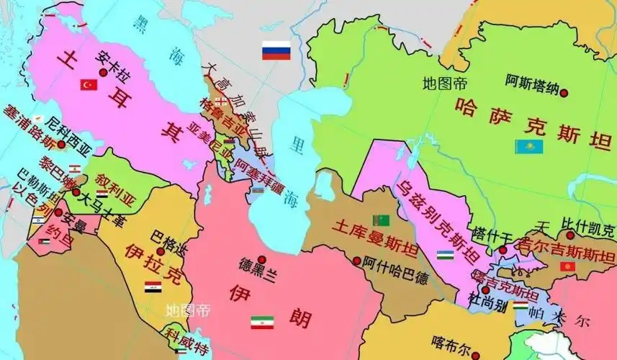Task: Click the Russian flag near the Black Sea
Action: pos(276,50)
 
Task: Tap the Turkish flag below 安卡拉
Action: pos(89,85)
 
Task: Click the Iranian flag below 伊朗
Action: pos(262,323)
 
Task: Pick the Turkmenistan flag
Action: pos(379,219)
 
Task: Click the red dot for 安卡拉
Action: pos(104,73)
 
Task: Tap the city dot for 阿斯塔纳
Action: pos(565,93)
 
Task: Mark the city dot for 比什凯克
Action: pos(569,235)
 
